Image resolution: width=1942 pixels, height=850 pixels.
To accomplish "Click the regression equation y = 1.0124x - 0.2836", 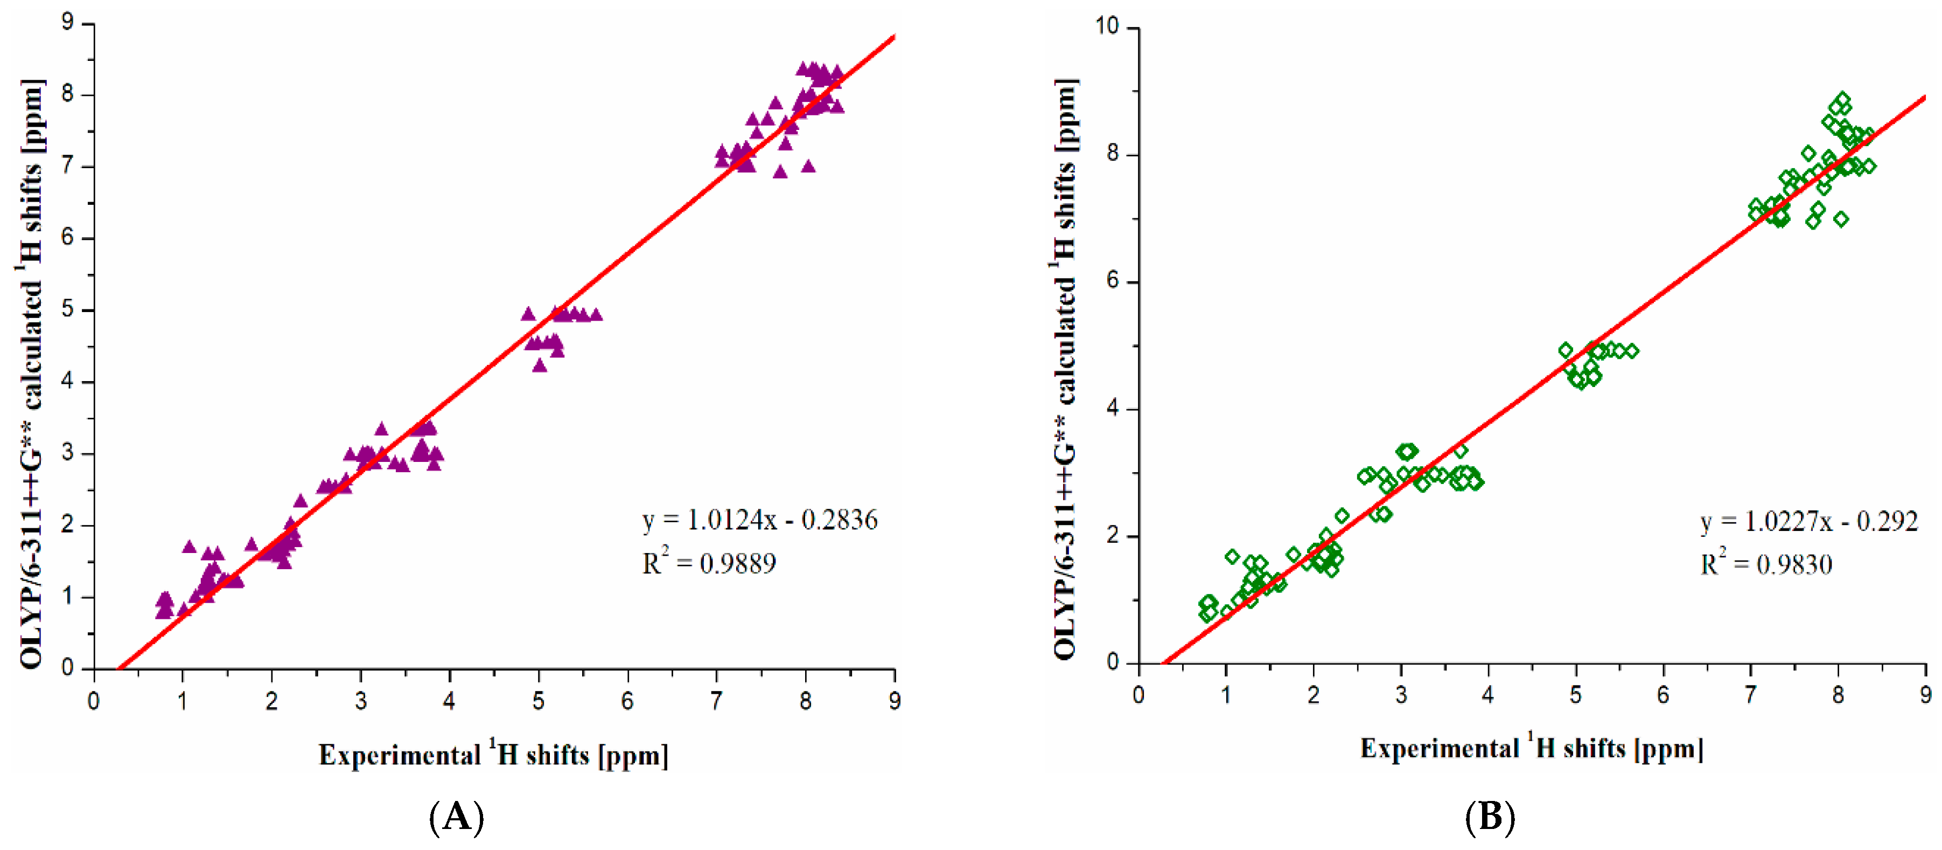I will (759, 521).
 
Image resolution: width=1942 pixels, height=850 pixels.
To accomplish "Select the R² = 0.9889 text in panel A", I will (709, 563).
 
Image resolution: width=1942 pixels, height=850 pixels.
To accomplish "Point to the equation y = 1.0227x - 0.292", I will (1808, 521).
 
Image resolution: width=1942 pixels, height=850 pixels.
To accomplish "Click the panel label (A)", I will (456, 817).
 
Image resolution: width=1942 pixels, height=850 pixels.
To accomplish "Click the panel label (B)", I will (1490, 817).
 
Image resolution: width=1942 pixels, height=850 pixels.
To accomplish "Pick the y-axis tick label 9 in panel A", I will (68, 23).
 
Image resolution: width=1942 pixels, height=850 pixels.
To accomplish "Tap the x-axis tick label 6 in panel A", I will (627, 701).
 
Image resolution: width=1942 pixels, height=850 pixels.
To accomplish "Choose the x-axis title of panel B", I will (1531, 748).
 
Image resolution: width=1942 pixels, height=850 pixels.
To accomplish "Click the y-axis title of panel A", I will (32, 374).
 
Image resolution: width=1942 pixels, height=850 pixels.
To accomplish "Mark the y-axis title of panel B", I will (1065, 370).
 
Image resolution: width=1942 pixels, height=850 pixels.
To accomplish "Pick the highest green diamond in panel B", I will (1842, 100).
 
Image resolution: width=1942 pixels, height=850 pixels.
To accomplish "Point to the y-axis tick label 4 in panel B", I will (1112, 409).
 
